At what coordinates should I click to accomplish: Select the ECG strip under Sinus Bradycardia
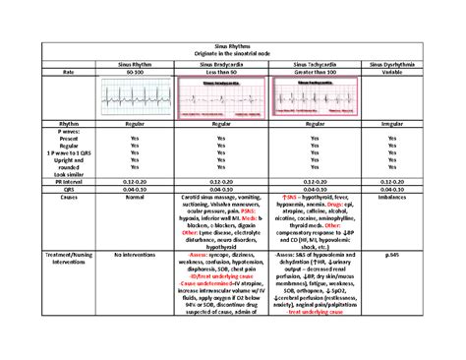(x=227, y=98)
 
